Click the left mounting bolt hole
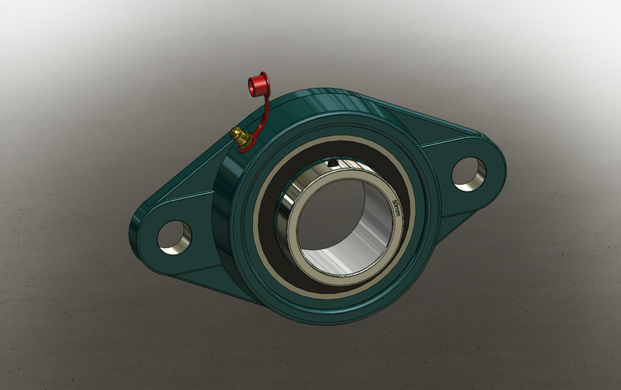174,237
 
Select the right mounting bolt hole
468,173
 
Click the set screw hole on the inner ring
332,164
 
